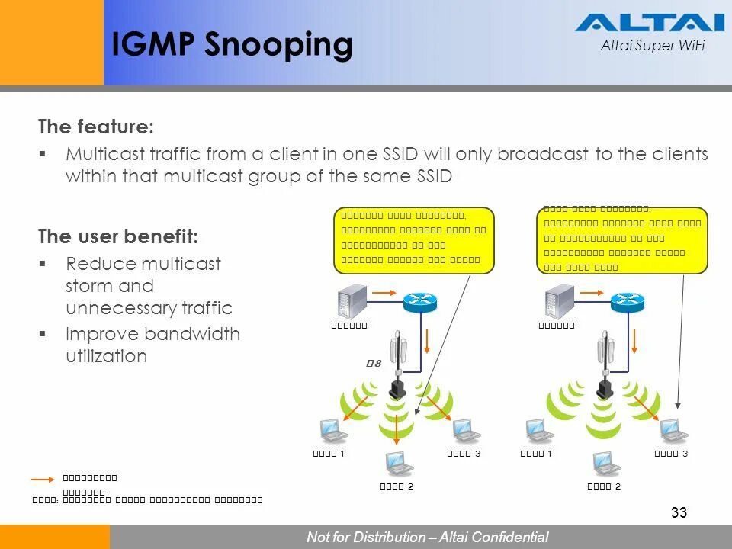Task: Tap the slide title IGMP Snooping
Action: [232, 45]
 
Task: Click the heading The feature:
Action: [96, 127]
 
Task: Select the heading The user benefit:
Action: [118, 236]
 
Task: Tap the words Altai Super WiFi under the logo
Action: [653, 46]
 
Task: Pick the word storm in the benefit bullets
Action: [89, 286]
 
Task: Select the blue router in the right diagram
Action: [627, 302]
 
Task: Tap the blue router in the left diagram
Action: [419, 302]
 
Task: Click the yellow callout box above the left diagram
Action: [414, 240]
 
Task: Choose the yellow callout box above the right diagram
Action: [622, 240]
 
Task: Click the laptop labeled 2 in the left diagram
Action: [396, 464]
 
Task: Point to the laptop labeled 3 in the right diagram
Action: [673, 432]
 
